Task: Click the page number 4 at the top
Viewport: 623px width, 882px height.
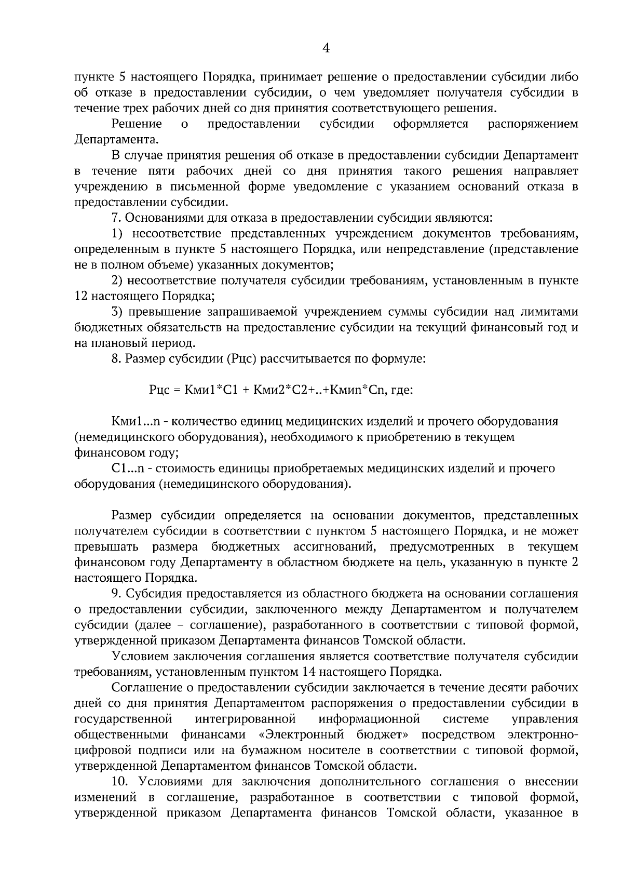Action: coord(326,48)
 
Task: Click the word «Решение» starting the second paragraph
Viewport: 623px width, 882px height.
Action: coord(137,124)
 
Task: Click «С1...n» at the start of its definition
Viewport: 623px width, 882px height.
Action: coord(129,469)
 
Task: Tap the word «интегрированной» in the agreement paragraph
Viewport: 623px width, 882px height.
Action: coord(245,719)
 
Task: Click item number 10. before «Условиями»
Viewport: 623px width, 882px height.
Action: coord(120,782)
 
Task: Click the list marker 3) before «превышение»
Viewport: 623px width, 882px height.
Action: coord(117,312)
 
